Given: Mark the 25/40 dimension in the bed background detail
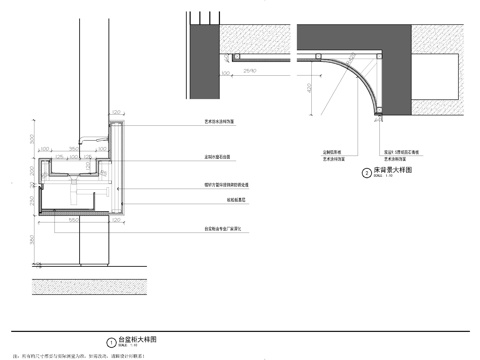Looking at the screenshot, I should click(249, 72).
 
